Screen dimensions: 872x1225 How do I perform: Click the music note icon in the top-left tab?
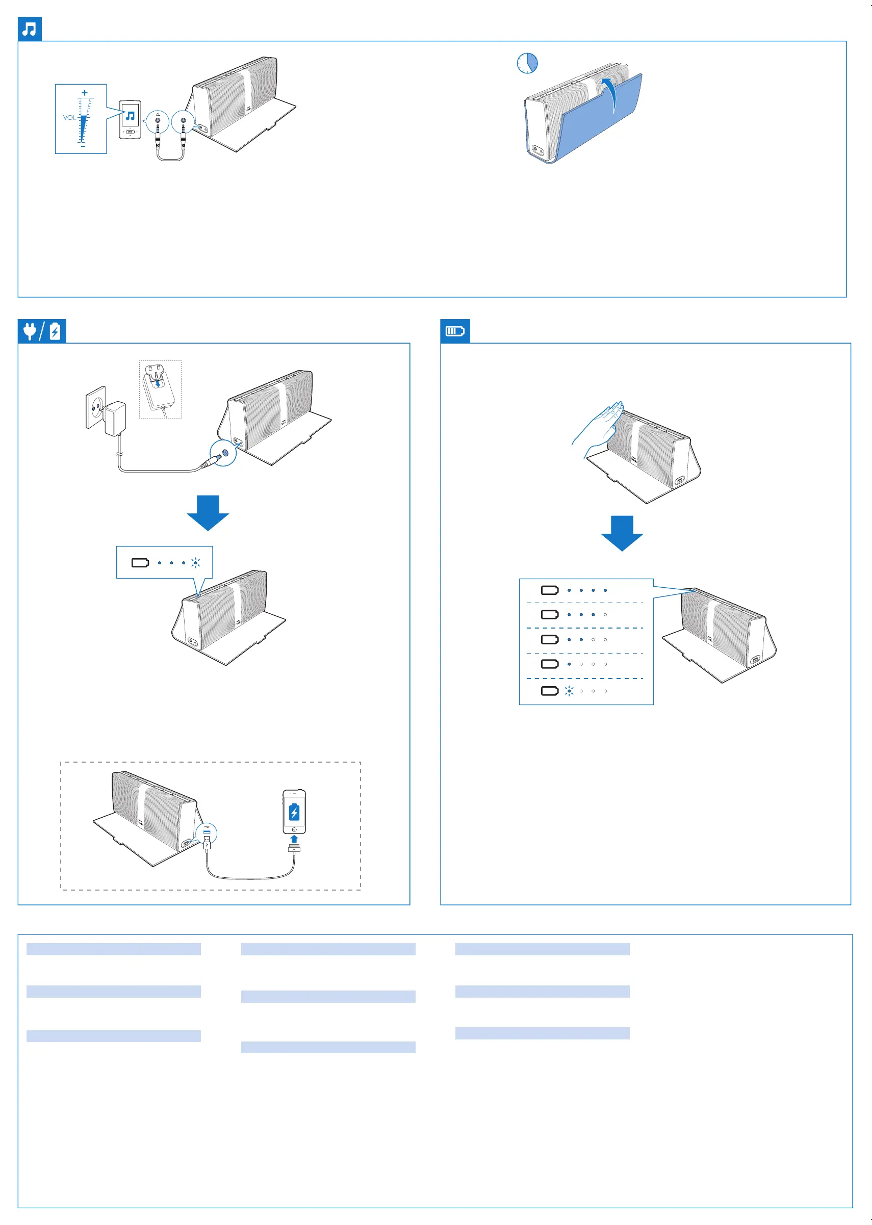[x=30, y=29]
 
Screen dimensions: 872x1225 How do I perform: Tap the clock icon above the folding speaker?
[x=527, y=63]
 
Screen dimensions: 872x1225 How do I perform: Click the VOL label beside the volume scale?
[x=69, y=118]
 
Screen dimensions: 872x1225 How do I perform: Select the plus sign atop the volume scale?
[x=84, y=93]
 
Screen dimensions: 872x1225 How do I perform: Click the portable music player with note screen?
[x=130, y=119]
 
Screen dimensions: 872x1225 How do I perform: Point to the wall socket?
[x=95, y=408]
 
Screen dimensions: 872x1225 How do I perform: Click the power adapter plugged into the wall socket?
[x=115, y=419]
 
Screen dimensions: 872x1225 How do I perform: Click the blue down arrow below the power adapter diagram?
[x=208, y=512]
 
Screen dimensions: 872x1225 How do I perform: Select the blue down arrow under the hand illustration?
[x=622, y=533]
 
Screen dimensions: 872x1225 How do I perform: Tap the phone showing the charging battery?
[x=294, y=811]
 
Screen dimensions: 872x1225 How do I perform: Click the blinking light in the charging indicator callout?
[x=195, y=563]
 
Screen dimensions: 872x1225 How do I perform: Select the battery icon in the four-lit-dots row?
[x=549, y=590]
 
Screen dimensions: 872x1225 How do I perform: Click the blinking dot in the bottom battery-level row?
[x=569, y=691]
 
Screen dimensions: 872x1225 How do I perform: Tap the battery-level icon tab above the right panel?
[x=455, y=331]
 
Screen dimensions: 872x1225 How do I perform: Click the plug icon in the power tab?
[x=30, y=331]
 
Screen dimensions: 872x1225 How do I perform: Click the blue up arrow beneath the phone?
[x=294, y=839]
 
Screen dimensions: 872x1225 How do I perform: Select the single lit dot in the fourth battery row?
[x=569, y=664]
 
